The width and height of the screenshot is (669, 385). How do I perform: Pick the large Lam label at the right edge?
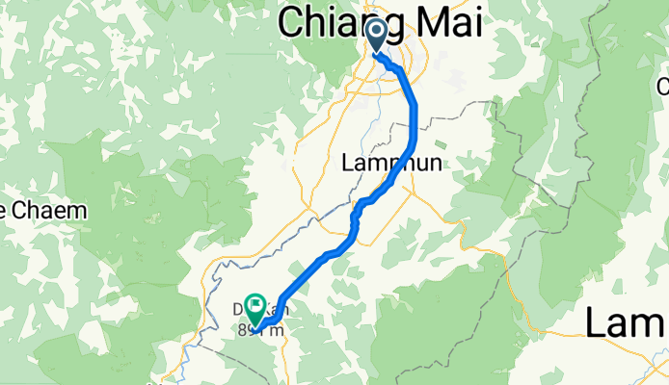coord(627,322)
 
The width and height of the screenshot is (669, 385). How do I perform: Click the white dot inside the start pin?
coord(377,33)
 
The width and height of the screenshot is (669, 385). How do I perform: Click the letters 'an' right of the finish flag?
coord(271,310)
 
